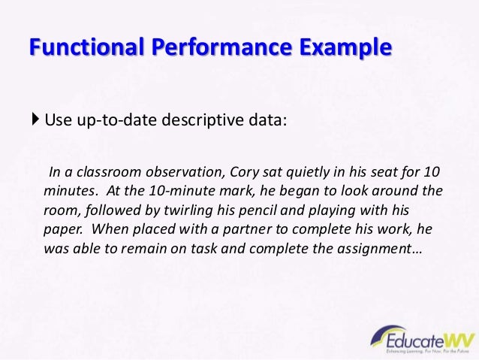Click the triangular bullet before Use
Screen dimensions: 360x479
pos(38,119)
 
